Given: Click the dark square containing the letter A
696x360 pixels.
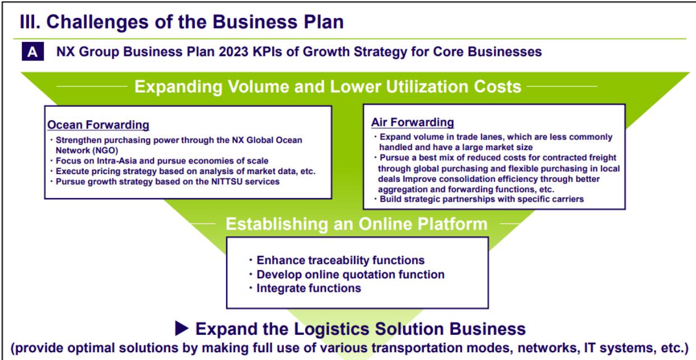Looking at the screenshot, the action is click(x=32, y=52).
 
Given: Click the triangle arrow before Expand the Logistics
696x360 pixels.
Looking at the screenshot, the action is click(x=182, y=328).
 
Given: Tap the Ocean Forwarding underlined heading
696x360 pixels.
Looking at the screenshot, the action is click(x=98, y=125).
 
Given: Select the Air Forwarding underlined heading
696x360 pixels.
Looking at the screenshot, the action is click(x=413, y=123).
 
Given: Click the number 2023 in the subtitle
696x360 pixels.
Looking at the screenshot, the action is click(x=233, y=52).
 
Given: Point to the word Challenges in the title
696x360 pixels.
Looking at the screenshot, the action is click(x=97, y=22).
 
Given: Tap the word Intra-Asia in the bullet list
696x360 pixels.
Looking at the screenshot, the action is click(x=117, y=161).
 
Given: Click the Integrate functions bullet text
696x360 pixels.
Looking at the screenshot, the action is click(x=309, y=288).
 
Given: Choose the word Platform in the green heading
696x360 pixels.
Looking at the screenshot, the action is click(x=452, y=224).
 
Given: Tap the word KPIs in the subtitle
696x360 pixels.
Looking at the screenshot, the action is click(x=267, y=52).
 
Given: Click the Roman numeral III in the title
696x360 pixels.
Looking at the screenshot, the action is click(x=30, y=22).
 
